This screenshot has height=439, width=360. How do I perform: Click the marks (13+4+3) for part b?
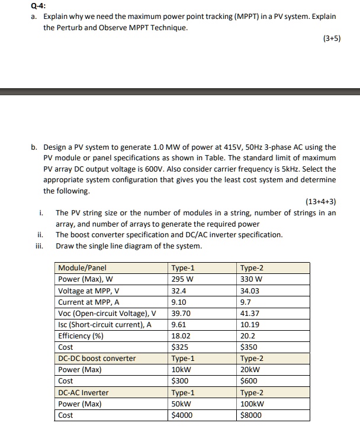(320, 202)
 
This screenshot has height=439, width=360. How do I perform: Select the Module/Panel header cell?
(82, 268)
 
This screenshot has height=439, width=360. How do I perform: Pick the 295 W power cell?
(181, 279)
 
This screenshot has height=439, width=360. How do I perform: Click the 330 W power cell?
(251, 279)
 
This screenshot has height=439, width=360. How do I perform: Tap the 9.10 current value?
(179, 302)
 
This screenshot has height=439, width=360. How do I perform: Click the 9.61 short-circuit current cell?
(179, 324)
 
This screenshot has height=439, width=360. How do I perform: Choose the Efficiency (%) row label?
(81, 335)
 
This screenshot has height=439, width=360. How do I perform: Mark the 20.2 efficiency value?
(248, 335)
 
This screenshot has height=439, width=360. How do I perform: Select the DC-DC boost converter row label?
(97, 359)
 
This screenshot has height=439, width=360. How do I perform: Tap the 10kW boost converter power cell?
(180, 370)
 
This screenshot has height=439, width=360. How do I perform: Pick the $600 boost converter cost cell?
(249, 381)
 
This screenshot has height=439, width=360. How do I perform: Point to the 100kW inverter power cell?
(252, 404)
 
